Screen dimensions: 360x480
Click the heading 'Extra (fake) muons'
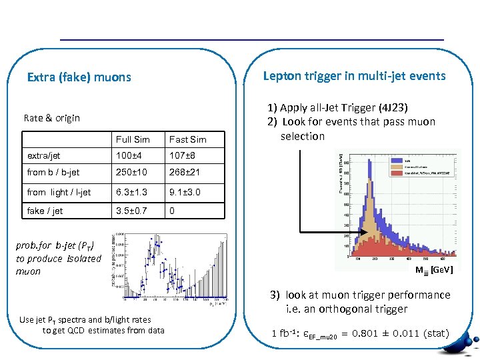(79, 77)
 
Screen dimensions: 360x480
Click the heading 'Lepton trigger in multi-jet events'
(354, 75)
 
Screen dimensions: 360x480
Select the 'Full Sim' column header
(133, 139)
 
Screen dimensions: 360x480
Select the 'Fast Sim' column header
(187, 139)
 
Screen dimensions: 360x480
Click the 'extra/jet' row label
(43, 155)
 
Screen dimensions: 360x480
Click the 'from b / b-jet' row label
(53, 172)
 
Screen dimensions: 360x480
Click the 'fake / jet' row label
(45, 211)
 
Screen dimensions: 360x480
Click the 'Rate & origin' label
(51, 118)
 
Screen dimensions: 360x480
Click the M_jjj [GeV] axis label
(434, 269)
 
